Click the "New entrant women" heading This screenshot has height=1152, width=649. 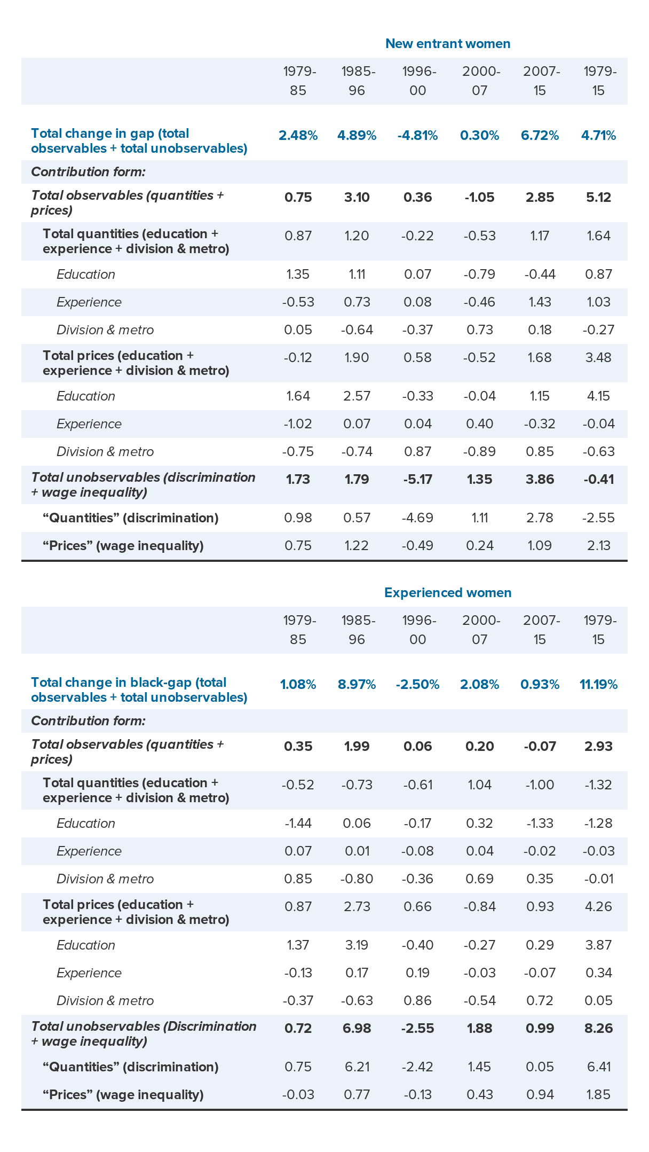tap(448, 44)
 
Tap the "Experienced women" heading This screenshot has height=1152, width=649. tap(448, 593)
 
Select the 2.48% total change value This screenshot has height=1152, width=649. tap(298, 136)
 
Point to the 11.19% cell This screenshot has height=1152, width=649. tap(598, 685)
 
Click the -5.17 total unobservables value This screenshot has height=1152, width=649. tap(417, 480)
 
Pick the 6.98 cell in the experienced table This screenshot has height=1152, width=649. tap(357, 1029)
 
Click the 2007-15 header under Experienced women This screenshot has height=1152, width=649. tap(540, 630)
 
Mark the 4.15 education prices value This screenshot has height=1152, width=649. tap(598, 396)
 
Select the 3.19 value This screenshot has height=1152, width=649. tap(357, 945)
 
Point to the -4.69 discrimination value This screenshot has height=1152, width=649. tap(417, 518)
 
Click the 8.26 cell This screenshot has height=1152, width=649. tap(598, 1029)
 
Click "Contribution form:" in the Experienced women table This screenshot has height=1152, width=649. tap(88, 721)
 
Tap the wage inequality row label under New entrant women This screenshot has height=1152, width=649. tap(123, 546)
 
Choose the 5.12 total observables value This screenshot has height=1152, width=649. tap(598, 198)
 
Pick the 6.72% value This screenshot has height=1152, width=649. tap(540, 136)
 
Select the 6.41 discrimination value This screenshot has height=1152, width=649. tap(598, 1067)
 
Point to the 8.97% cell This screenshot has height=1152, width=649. tap(357, 685)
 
